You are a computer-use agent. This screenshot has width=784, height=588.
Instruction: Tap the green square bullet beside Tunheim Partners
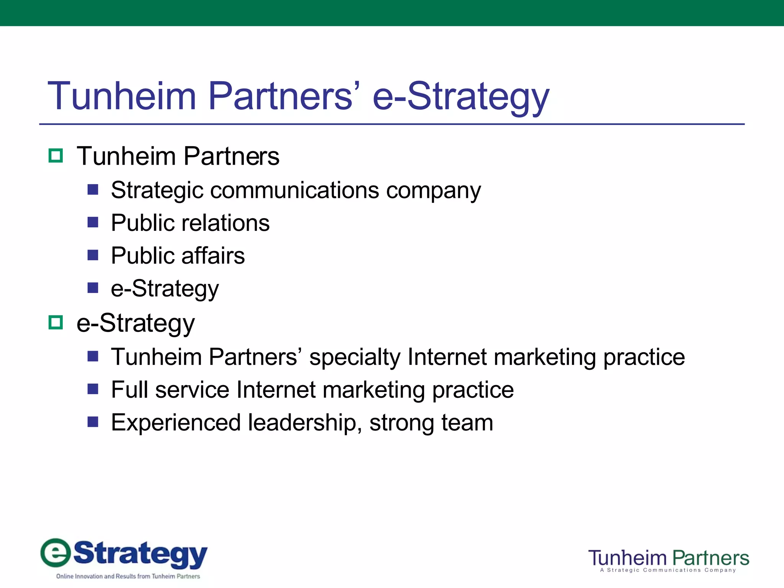(56, 156)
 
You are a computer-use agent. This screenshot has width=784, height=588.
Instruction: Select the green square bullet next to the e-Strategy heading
(56, 323)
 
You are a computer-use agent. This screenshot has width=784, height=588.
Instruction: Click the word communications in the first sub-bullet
(295, 190)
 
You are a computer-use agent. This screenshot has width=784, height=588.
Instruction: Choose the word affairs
(213, 255)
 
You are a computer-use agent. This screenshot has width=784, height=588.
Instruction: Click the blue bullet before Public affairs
(93, 255)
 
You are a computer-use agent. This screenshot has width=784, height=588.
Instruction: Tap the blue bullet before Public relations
(93, 222)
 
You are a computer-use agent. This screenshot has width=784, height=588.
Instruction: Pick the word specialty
(354, 358)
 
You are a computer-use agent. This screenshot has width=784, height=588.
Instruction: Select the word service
(192, 390)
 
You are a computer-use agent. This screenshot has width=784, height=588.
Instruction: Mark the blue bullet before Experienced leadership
(93, 422)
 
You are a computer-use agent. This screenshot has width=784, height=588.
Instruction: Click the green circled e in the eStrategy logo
(56, 553)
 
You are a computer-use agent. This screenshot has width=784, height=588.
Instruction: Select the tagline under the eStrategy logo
(128, 576)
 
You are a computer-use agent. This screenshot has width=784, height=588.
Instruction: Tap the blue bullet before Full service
(93, 389)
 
